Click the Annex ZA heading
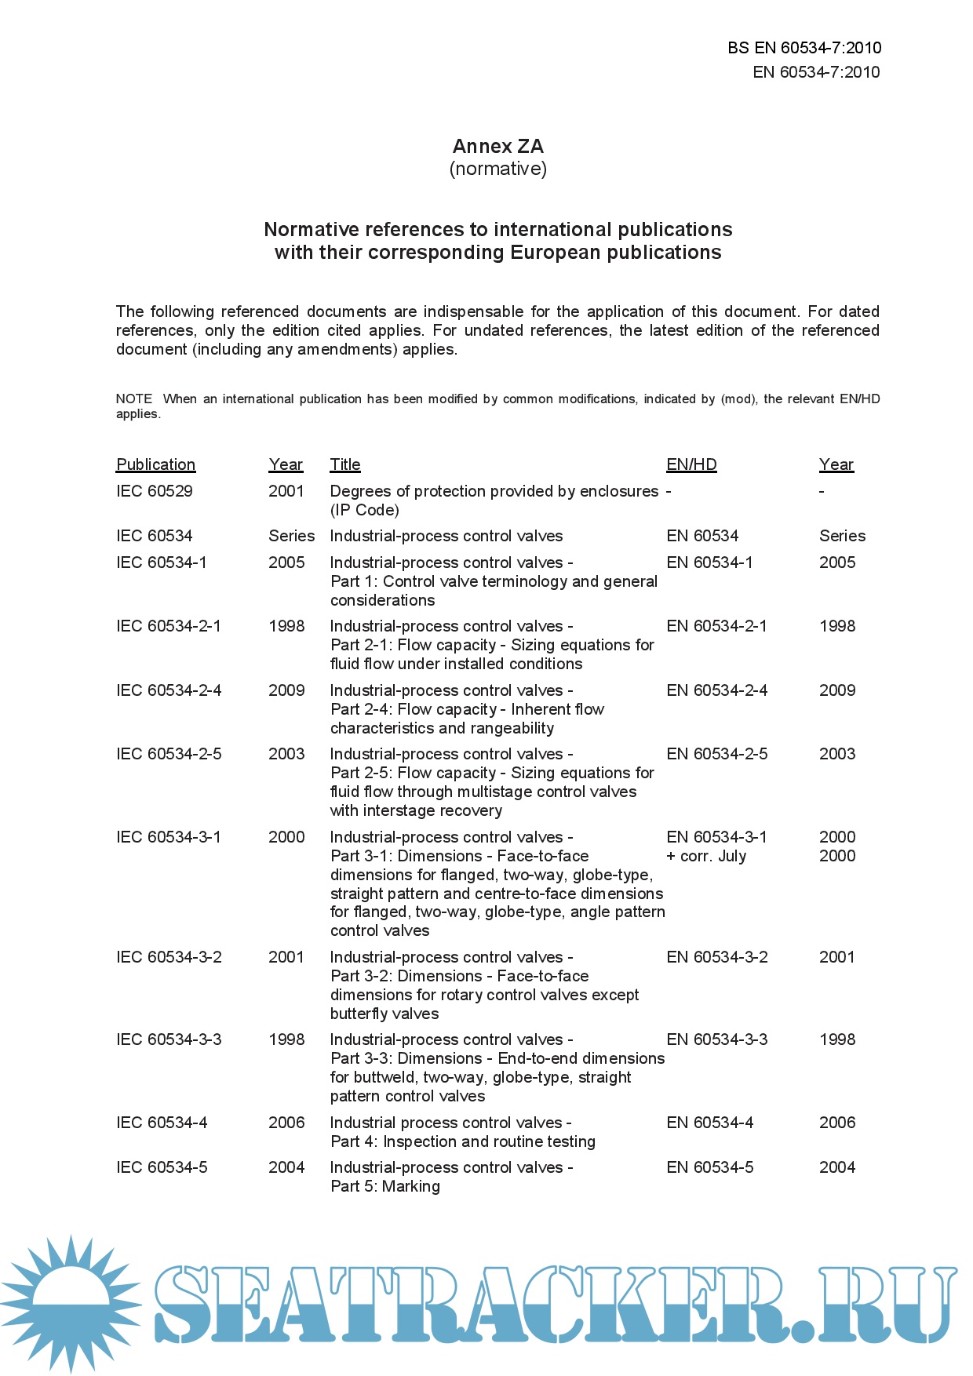(497, 147)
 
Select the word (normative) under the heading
(497, 169)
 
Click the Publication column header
(155, 464)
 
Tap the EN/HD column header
(691, 464)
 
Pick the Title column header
(344, 464)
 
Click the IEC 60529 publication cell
(154, 491)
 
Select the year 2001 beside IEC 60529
(286, 491)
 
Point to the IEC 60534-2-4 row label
(169, 690)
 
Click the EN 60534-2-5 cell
(716, 754)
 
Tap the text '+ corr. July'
(706, 856)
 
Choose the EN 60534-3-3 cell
(716, 1039)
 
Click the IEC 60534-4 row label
(162, 1123)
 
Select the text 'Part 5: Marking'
(384, 1186)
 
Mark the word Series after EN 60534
(842, 536)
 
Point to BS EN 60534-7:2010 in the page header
(804, 48)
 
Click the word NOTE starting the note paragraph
(134, 399)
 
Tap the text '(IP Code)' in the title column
(364, 510)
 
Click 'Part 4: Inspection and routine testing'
(462, 1141)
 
